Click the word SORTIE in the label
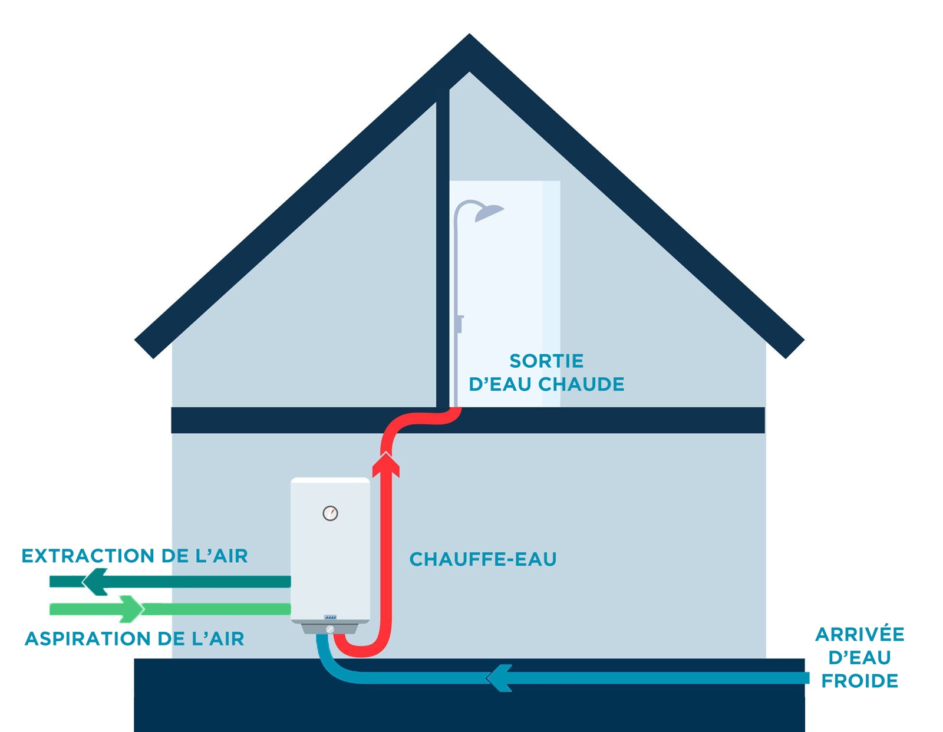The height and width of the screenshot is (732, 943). coord(546,361)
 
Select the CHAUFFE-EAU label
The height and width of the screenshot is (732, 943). coord(483,559)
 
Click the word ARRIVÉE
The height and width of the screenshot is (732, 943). coord(859,634)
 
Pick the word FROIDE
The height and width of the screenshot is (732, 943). coord(859,681)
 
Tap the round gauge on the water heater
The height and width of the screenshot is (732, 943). coord(330,513)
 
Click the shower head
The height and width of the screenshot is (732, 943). coord(489,212)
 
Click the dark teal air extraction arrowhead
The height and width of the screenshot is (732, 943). coord(94,582)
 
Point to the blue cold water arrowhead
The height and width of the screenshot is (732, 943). coord(499,678)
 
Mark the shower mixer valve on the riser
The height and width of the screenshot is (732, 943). coord(459,324)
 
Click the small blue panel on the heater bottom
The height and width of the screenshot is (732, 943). coord(330,617)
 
